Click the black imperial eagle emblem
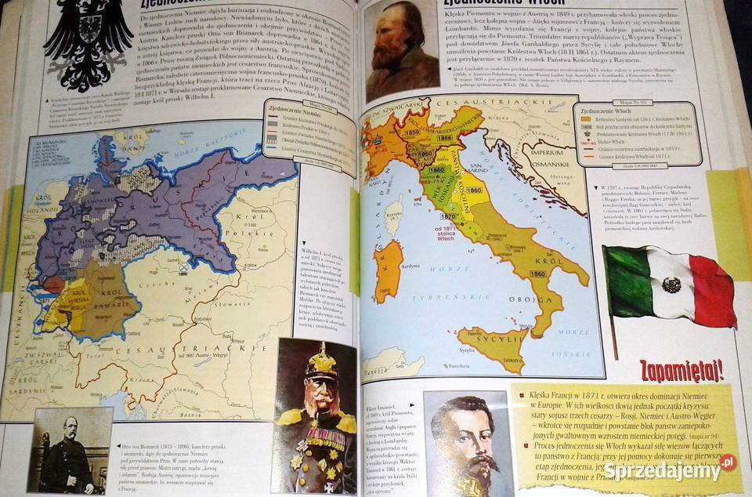tap(88, 43)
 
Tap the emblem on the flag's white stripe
tap(671, 285)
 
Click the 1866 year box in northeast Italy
tap(444, 138)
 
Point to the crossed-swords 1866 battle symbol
tap(183, 268)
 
